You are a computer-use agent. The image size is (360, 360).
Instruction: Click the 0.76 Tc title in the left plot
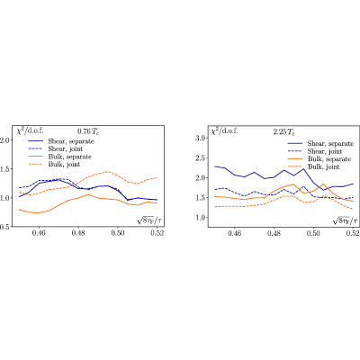click(88, 131)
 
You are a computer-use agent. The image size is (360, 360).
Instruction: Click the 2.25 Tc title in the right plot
click(284, 131)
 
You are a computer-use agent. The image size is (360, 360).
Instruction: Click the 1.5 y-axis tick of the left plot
click(4, 169)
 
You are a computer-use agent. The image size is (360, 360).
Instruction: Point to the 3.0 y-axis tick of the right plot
click(200, 138)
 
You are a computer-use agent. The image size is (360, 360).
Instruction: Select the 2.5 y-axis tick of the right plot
click(200, 157)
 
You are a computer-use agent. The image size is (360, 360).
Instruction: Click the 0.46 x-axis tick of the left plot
click(39, 233)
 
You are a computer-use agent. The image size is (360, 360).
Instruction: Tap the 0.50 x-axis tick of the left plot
click(118, 233)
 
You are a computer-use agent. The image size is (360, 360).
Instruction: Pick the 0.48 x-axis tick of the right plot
click(274, 233)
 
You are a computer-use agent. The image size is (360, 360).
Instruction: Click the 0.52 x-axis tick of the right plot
click(353, 233)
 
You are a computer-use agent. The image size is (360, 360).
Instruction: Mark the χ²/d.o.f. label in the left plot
click(30, 130)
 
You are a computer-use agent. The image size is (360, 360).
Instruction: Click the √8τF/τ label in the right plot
click(345, 220)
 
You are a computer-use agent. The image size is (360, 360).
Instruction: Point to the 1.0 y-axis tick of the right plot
click(200, 218)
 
